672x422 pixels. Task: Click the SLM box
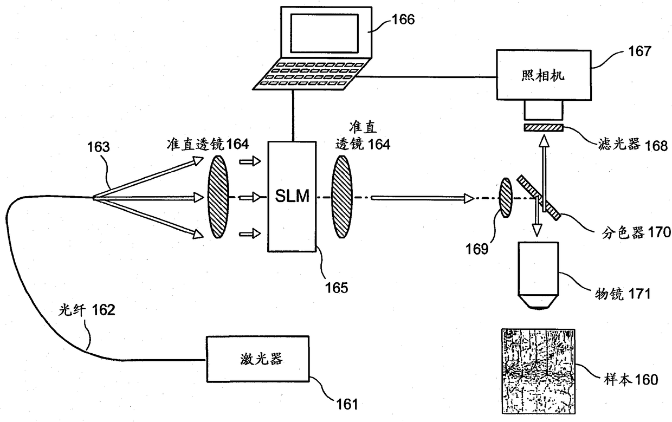(292, 197)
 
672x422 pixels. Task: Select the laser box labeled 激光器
(258, 359)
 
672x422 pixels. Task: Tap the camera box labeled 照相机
(544, 75)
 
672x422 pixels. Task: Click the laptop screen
(324, 34)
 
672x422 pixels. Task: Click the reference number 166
(403, 20)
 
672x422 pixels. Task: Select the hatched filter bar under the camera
(544, 128)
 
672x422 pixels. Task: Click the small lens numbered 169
(506, 198)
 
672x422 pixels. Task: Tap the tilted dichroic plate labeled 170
(539, 198)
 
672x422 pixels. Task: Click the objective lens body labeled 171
(538, 276)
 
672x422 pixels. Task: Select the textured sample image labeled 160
(538, 371)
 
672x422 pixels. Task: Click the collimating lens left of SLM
(218, 197)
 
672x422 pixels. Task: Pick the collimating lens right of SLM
(342, 197)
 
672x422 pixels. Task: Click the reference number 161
(347, 404)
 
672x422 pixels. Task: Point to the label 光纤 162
(86, 310)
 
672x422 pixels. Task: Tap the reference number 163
(99, 147)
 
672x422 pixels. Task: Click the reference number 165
(337, 288)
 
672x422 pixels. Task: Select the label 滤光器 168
(633, 145)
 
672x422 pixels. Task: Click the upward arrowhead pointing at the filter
(544, 140)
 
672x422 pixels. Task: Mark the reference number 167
(640, 51)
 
